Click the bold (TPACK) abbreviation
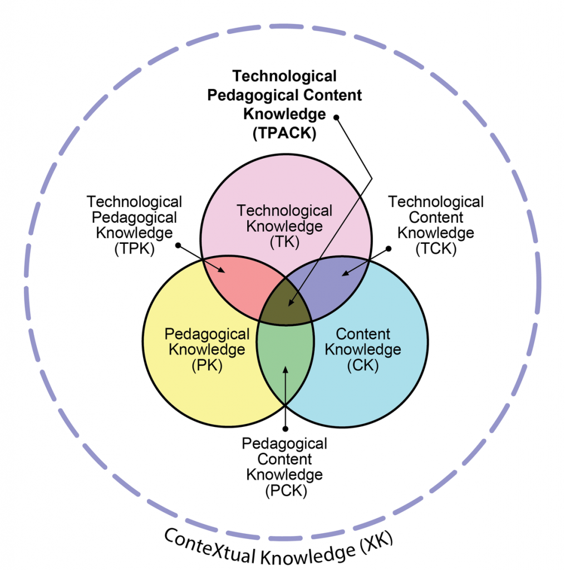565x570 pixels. (x=284, y=133)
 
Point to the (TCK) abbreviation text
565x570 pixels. (x=436, y=249)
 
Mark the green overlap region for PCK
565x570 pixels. (x=285, y=362)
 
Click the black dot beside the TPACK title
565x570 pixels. (x=336, y=117)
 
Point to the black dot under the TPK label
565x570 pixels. (x=178, y=245)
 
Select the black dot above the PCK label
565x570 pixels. (x=285, y=428)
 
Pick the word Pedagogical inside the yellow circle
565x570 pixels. (x=207, y=335)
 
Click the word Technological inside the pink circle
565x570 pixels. (x=284, y=211)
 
